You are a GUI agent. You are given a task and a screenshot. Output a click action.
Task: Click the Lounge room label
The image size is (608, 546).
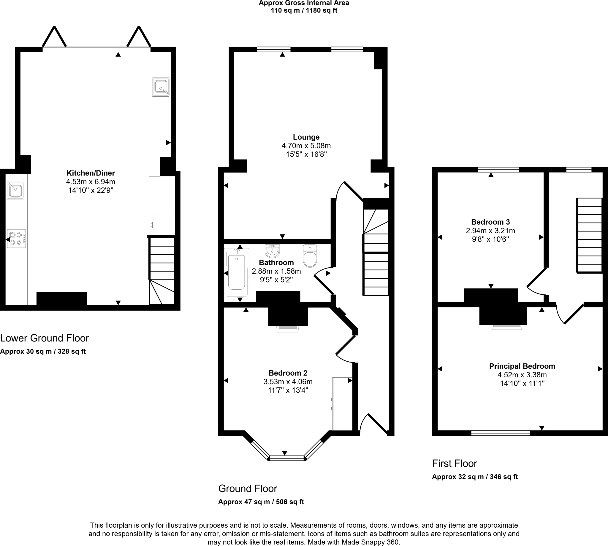click(x=306, y=137)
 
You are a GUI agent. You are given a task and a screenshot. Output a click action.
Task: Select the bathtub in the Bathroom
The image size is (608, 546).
click(x=236, y=273)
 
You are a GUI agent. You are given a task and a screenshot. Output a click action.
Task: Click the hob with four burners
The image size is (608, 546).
click(x=17, y=239)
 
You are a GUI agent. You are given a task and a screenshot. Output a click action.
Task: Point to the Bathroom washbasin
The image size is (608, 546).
click(x=272, y=250)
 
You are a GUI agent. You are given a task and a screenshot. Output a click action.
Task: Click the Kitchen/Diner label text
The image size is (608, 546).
click(x=91, y=173)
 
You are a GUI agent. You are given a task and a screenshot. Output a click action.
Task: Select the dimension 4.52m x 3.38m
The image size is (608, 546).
click(x=522, y=375)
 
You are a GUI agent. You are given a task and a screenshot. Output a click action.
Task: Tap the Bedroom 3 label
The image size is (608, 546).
click(x=490, y=222)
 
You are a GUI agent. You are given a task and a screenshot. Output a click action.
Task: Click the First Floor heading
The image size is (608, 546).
click(x=454, y=464)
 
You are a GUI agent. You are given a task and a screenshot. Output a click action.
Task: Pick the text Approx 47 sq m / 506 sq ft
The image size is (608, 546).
click(x=261, y=502)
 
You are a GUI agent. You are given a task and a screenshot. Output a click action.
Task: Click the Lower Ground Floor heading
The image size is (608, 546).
click(x=45, y=338)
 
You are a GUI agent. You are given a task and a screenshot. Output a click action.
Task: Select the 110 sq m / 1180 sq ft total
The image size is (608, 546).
click(x=304, y=10)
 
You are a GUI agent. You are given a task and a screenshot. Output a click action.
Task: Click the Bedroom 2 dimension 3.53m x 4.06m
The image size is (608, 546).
click(x=288, y=381)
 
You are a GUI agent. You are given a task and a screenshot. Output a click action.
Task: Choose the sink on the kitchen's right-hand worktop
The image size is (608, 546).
click(x=161, y=87)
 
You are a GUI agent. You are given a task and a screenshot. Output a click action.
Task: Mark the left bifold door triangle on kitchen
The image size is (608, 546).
click(x=54, y=38)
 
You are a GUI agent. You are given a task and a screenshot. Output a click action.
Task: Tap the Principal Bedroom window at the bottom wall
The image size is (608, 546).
click(x=501, y=433)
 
